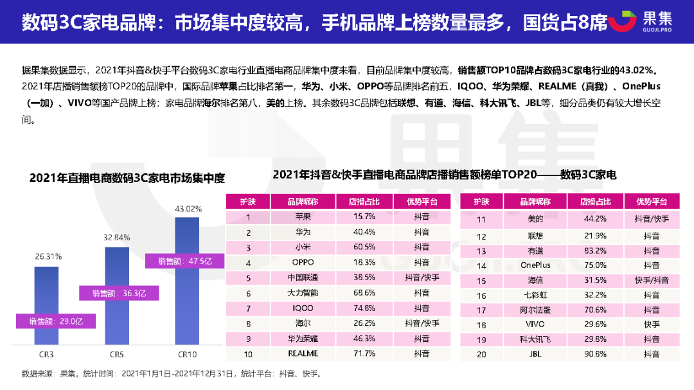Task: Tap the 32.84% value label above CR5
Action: (x=116, y=237)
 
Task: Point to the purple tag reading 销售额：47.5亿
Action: (x=177, y=261)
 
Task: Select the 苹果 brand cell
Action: (x=303, y=217)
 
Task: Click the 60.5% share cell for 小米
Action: (x=364, y=247)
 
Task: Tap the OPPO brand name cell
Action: (x=303, y=263)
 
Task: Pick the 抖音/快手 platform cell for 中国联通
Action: (x=422, y=278)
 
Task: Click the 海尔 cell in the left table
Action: (x=303, y=323)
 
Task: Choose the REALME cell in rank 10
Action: (x=303, y=353)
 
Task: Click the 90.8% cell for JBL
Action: (x=596, y=353)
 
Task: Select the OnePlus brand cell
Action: (x=535, y=265)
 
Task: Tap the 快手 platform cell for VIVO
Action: (x=651, y=324)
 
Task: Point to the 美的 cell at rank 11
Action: (x=535, y=219)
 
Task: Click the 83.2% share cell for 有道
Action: (x=596, y=251)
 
